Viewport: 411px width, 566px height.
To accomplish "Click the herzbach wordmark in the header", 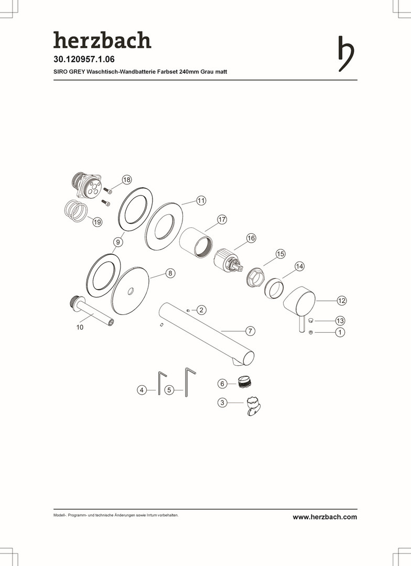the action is [102, 40].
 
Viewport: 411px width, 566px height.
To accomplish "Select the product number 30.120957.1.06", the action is [84, 59].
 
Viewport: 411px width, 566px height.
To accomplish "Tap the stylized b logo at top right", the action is [346, 54].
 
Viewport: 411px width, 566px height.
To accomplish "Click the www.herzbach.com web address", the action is [325, 517].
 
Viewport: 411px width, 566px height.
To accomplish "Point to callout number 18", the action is [126, 179].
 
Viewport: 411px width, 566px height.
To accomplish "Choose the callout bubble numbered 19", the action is [97, 222].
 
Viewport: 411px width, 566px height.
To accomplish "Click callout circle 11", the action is [201, 200].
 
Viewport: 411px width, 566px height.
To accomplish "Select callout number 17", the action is [222, 220].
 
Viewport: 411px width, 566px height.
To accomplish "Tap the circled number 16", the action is [251, 238].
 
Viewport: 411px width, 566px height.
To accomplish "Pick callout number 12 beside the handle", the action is [341, 300].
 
